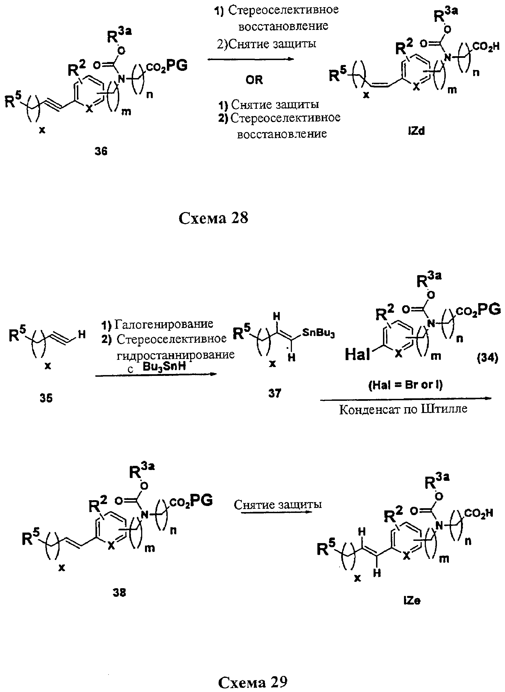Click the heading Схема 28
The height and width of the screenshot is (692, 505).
pyautogui.click(x=213, y=218)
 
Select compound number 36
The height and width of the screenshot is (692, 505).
pyautogui.click(x=101, y=151)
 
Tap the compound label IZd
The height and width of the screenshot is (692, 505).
pyautogui.click(x=416, y=131)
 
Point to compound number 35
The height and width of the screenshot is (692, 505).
pyautogui.click(x=46, y=398)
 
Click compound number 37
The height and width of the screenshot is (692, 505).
pyautogui.click(x=274, y=393)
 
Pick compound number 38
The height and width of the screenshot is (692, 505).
pyautogui.click(x=119, y=593)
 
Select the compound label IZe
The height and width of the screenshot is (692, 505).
pyautogui.click(x=412, y=601)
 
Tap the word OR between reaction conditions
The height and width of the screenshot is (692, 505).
pyautogui.click(x=254, y=80)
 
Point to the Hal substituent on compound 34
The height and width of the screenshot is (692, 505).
pyautogui.click(x=357, y=355)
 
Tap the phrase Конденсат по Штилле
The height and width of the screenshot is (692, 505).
pyautogui.click(x=403, y=409)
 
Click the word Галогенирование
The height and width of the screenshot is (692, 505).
pyautogui.click(x=164, y=324)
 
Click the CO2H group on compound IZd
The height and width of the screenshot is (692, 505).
pyautogui.click(x=485, y=47)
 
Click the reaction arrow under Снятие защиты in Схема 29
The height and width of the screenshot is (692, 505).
pyautogui.click(x=277, y=512)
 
